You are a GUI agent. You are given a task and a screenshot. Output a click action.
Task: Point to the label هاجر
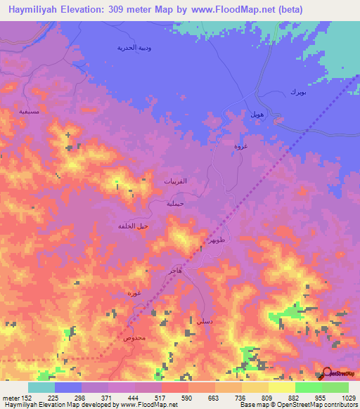(174, 270)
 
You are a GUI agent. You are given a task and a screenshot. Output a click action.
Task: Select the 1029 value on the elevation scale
(347, 398)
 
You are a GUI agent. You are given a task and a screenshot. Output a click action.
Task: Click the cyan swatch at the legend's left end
(41, 387)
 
